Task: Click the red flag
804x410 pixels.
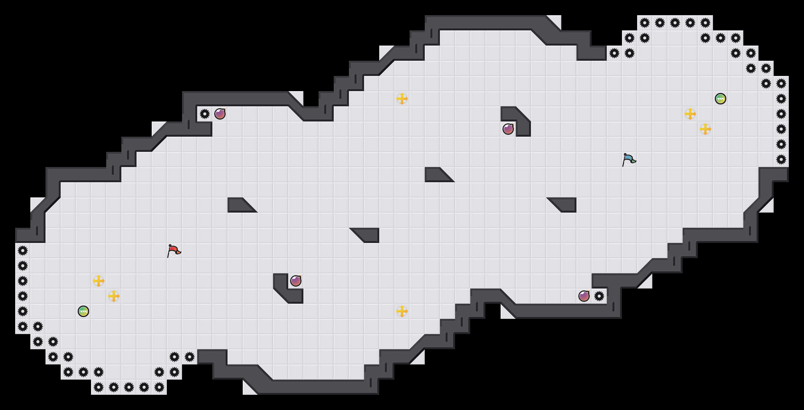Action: click(174, 251)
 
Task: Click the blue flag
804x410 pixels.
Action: click(629, 159)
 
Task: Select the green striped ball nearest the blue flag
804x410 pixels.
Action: click(721, 99)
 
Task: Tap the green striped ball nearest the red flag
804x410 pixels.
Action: click(83, 311)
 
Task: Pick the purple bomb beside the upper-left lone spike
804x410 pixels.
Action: click(220, 114)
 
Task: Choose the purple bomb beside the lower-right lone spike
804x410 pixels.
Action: click(584, 296)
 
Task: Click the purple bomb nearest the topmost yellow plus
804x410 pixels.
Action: click(508, 129)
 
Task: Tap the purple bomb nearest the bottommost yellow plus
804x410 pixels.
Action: click(296, 281)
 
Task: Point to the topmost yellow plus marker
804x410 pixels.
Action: click(402, 99)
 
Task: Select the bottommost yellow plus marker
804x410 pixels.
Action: click(402, 311)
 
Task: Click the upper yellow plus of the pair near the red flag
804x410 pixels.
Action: click(99, 281)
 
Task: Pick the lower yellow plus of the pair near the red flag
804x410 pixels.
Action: click(114, 296)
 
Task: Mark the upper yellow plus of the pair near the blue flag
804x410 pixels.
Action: click(690, 114)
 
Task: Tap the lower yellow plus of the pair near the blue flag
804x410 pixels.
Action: click(705, 129)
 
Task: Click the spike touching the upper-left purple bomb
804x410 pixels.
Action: click(205, 114)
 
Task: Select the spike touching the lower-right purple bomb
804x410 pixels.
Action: click(599, 296)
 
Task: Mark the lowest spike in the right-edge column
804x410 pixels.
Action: click(781, 159)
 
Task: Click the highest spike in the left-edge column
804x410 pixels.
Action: click(23, 251)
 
